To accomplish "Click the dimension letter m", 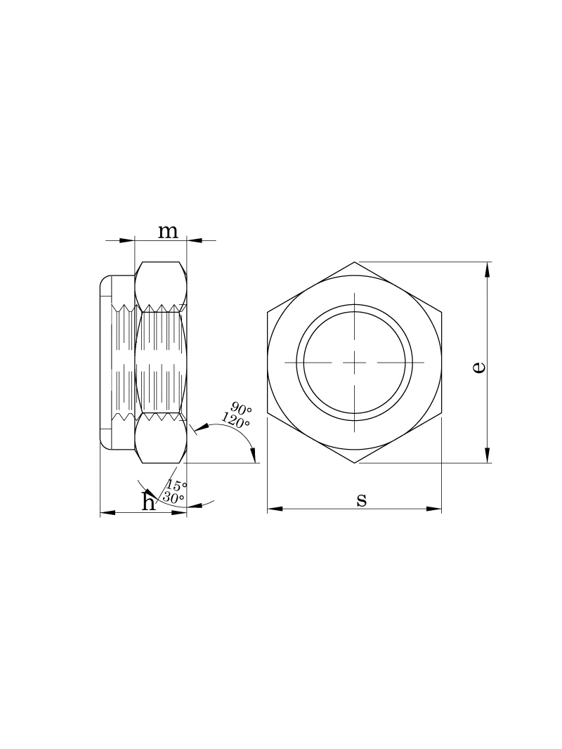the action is [168, 232].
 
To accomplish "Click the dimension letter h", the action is [150, 501].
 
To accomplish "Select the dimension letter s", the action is [362, 500].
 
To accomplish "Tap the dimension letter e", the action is [478, 366].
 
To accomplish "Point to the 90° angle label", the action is [241, 409].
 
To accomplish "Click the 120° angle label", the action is [235, 420].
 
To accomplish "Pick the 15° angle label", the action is [176, 486].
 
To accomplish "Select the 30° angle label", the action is [174, 497].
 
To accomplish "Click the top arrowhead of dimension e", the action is [487, 269].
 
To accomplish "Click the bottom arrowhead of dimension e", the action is [487, 456].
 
